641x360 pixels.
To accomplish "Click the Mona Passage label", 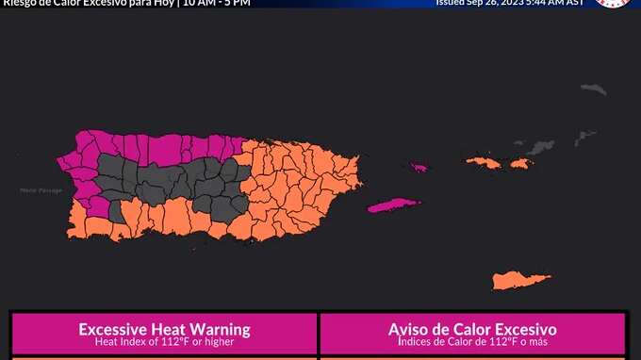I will (41, 190).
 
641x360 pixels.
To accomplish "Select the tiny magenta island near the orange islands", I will (418, 169).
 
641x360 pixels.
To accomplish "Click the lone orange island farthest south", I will (519, 280).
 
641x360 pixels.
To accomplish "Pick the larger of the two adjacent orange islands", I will (483, 163).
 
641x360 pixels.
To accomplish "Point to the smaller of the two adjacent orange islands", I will (520, 164).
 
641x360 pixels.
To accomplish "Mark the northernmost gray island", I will (592, 90).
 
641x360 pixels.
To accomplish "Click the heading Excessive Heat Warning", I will (164, 330).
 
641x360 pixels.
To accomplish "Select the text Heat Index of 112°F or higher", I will (164, 342).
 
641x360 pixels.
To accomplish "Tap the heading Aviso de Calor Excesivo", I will (472, 330).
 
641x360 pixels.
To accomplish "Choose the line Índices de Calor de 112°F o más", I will (472, 342).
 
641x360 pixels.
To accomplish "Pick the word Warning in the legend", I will (221, 330).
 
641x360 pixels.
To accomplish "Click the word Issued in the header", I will (452, 3).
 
